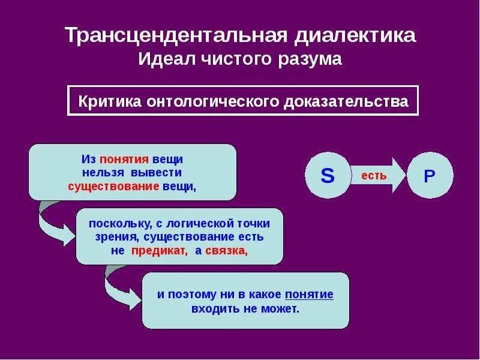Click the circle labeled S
(328, 175)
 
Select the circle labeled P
(429, 176)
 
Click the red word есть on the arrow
(374, 176)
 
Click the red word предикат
(158, 251)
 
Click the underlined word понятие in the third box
(309, 295)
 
